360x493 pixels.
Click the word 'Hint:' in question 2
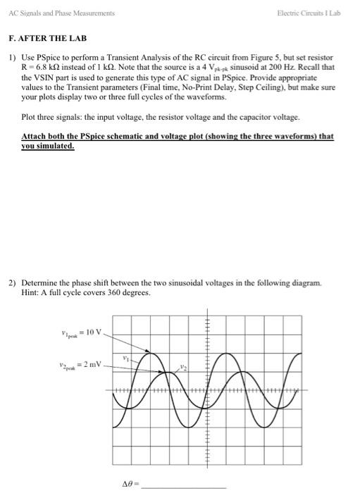[x=30, y=292]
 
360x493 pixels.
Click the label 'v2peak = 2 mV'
[x=83, y=364]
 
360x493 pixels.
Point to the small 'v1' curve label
[x=126, y=357]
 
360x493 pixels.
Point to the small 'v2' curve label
[x=181, y=368]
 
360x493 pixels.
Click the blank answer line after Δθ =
[x=187, y=486]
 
